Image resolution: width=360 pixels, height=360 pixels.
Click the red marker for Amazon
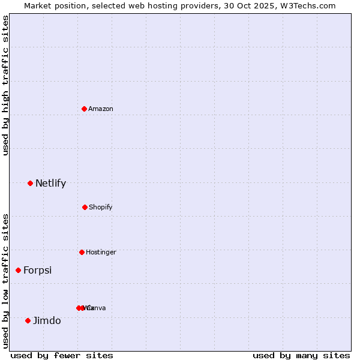(x=84, y=109)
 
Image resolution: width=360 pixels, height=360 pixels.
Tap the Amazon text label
(x=101, y=109)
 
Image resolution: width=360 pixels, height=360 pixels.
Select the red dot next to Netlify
(x=30, y=183)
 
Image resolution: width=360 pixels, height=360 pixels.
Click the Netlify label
(x=50, y=184)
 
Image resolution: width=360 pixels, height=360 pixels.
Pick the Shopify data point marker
(x=85, y=207)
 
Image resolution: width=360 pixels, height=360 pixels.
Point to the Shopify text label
(x=101, y=207)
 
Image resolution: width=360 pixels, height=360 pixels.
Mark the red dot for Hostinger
(x=82, y=252)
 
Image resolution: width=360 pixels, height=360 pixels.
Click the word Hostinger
(x=101, y=252)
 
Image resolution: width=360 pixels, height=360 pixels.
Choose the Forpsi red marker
(x=18, y=270)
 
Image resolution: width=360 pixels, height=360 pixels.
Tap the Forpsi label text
(x=37, y=271)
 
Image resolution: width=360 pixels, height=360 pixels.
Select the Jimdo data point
(x=28, y=320)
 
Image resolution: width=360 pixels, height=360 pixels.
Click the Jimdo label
(x=47, y=320)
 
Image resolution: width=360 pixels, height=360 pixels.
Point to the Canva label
(x=97, y=308)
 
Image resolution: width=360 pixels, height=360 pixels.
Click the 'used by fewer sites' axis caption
(x=62, y=355)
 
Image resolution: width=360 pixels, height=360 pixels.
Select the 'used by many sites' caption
(x=301, y=355)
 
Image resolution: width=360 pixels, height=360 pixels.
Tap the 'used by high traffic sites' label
(x=5, y=85)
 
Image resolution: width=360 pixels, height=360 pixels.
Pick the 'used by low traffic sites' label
(x=5, y=281)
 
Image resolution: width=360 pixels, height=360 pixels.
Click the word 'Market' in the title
(x=38, y=5)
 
